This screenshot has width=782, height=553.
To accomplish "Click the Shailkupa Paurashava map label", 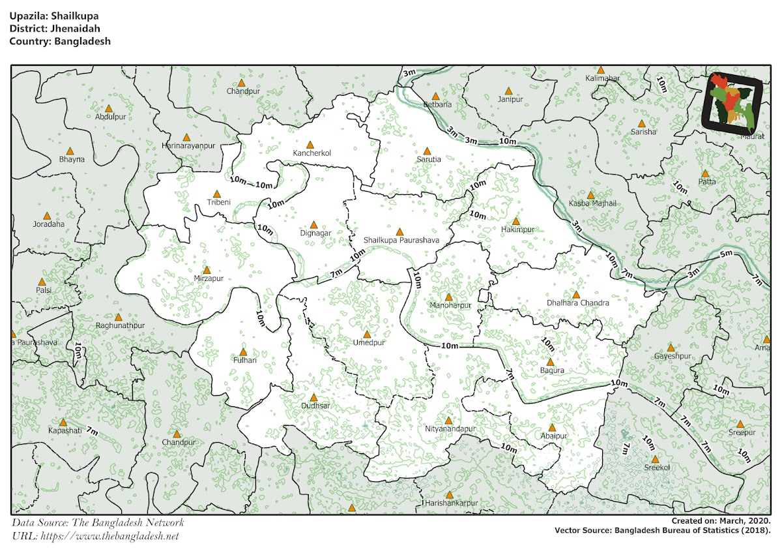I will (401, 241).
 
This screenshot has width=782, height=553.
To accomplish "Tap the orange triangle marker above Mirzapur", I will (207, 270).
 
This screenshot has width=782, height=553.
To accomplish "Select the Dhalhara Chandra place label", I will (578, 303).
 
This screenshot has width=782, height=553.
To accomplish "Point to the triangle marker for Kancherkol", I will (311, 145).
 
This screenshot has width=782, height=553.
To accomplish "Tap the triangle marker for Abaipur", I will (552, 428).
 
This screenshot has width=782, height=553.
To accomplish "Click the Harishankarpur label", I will (451, 503).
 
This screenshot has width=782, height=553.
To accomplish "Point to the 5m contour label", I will (727, 253).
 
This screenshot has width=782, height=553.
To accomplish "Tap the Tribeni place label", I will (218, 202).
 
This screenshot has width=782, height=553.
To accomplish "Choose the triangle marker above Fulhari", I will (244, 351).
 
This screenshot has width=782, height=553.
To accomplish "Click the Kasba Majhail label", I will (592, 204).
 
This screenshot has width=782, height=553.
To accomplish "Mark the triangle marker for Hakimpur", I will (516, 221).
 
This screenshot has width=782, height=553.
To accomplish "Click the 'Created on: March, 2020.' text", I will (721, 521).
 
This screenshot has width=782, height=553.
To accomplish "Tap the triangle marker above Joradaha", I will (47, 216).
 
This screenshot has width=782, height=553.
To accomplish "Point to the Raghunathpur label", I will (120, 325).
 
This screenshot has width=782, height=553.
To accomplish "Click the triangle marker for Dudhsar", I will (313, 397).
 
